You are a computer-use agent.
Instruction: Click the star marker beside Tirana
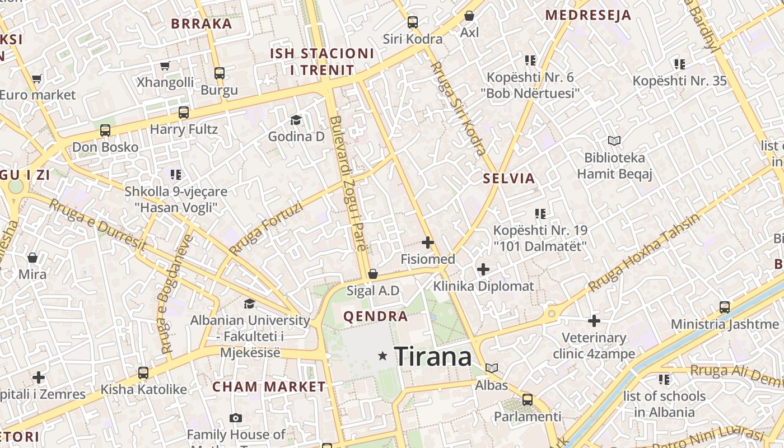383,356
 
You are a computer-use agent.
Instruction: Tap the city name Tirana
433,357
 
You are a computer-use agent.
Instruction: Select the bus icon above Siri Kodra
413,22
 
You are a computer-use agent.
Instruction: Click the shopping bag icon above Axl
469,16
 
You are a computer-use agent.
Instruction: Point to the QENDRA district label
376,317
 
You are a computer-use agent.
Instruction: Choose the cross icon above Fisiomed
428,242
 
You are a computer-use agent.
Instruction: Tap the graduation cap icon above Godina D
296,120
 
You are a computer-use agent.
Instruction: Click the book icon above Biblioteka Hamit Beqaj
614,141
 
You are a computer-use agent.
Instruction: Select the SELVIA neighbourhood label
509,179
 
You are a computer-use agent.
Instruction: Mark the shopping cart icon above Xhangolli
165,66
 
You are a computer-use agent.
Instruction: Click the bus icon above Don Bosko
105,130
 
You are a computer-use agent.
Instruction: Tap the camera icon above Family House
236,418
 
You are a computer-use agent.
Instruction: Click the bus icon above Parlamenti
528,400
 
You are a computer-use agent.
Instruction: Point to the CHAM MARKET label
269,387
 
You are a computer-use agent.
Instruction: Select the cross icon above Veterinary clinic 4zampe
594,321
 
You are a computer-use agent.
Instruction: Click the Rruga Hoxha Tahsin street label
644,253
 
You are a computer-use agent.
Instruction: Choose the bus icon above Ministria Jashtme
725,307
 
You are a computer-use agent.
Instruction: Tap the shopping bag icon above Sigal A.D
373,274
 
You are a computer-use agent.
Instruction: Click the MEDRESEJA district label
589,15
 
